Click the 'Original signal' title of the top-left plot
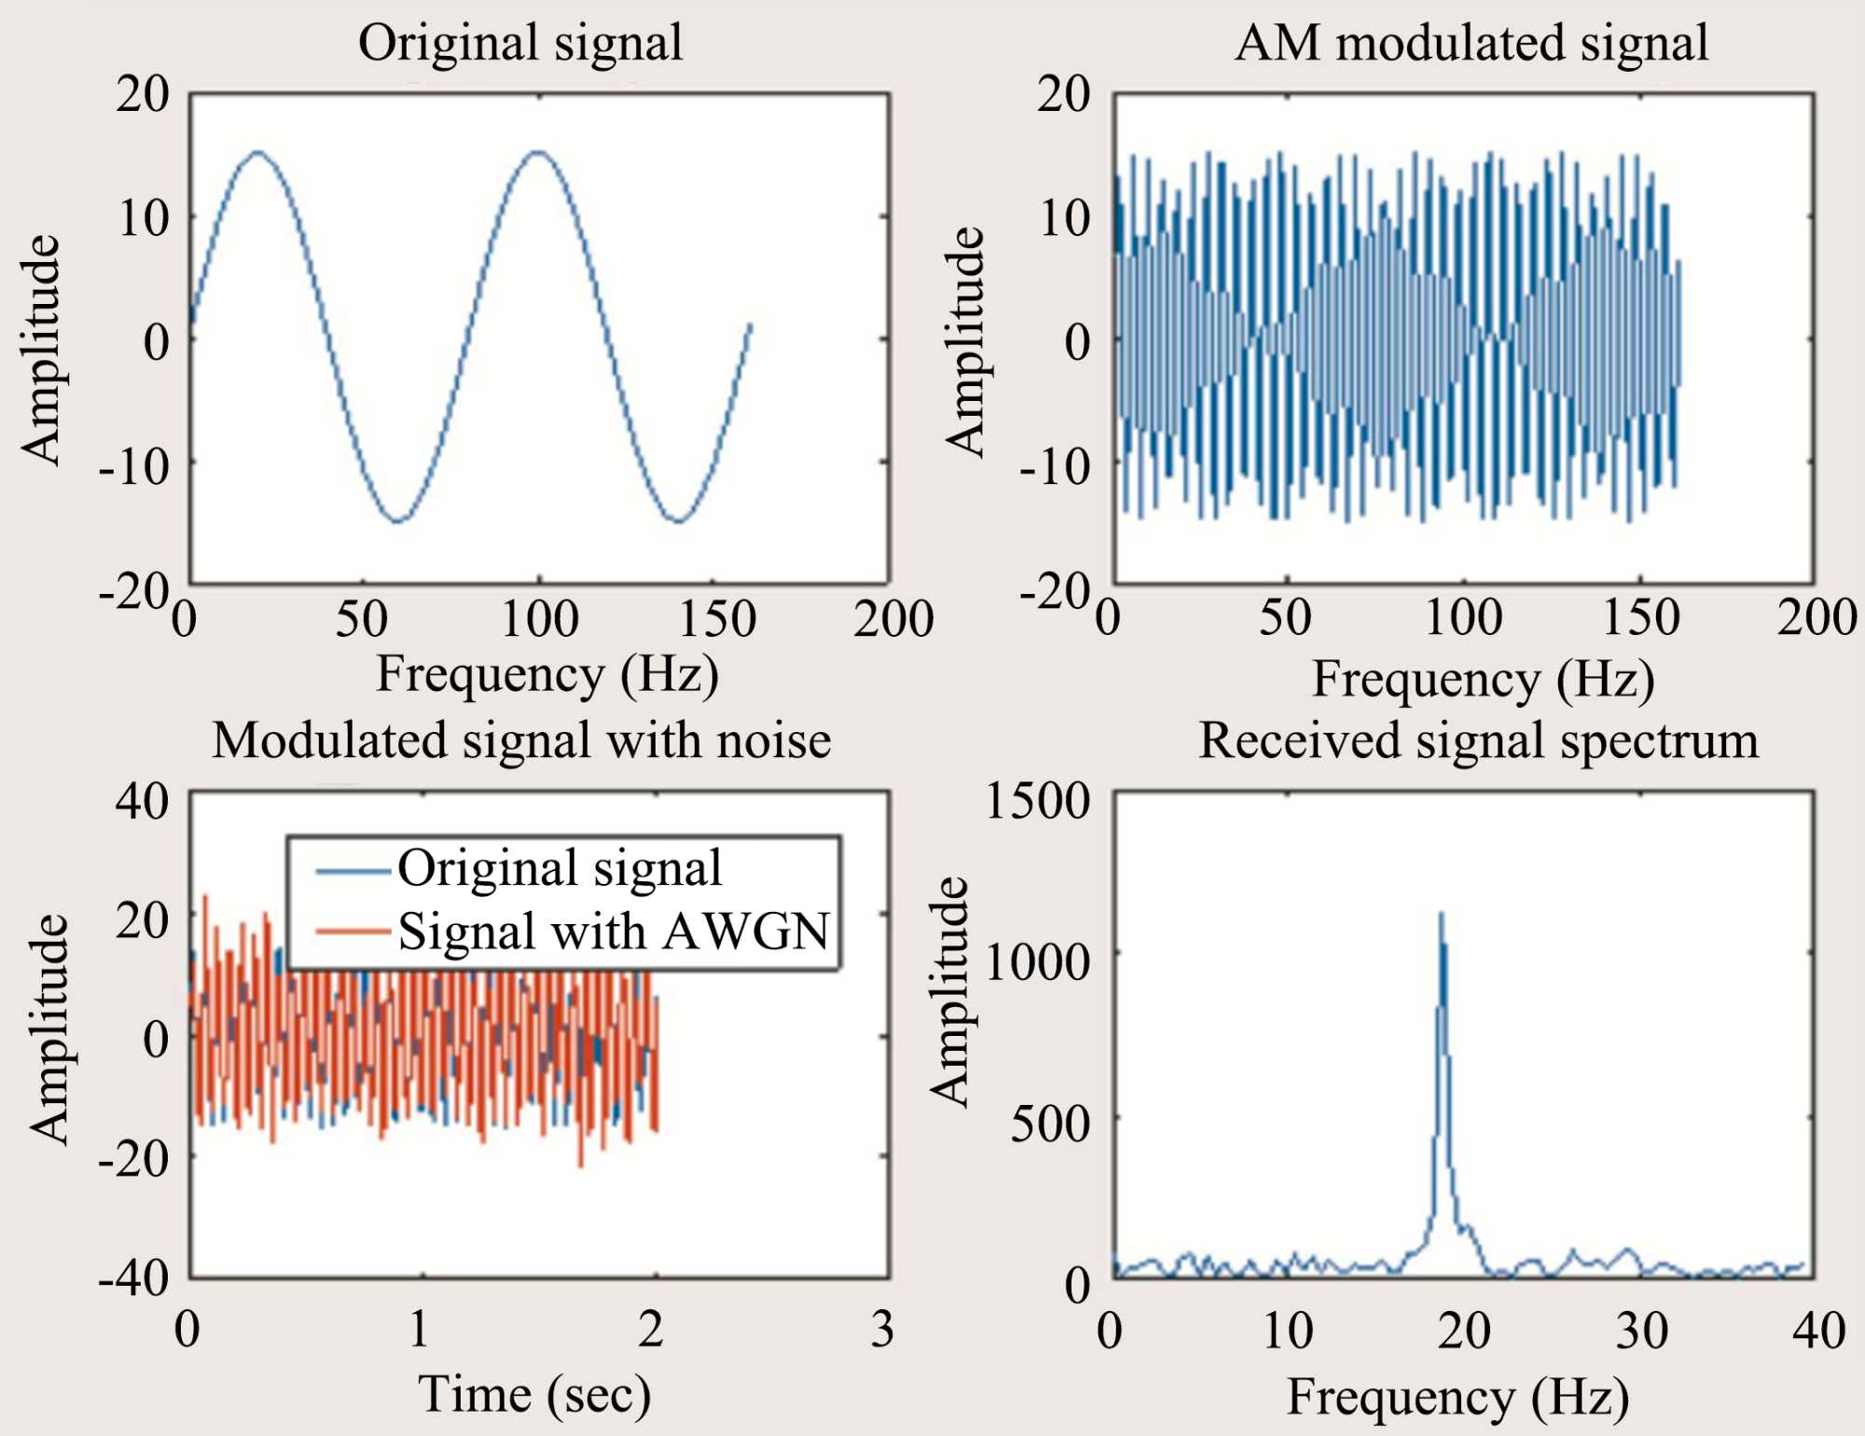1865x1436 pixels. pyautogui.click(x=520, y=43)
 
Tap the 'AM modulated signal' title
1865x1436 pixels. pyautogui.click(x=1471, y=43)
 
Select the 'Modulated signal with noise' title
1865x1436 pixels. pyautogui.click(x=521, y=741)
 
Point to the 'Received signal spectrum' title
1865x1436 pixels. pyautogui.click(x=1478, y=741)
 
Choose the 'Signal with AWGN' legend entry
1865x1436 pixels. pyautogui.click(x=614, y=932)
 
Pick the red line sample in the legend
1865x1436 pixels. pyautogui.click(x=352, y=932)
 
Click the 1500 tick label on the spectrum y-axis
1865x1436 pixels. pyautogui.click(x=1037, y=801)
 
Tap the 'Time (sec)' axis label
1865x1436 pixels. pyautogui.click(x=533, y=1395)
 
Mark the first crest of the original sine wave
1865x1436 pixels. pyautogui.click(x=257, y=152)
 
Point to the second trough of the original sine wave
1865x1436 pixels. pyautogui.click(x=679, y=521)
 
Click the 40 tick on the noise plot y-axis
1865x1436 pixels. pyautogui.click(x=142, y=801)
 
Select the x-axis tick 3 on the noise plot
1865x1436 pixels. pyautogui.click(x=882, y=1329)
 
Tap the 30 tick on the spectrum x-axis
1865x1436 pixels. pyautogui.click(x=1641, y=1331)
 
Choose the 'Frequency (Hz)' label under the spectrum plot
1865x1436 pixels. pyautogui.click(x=1457, y=1398)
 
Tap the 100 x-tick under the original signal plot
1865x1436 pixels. pyautogui.click(x=540, y=618)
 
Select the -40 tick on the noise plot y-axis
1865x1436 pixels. pyautogui.click(x=134, y=1277)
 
